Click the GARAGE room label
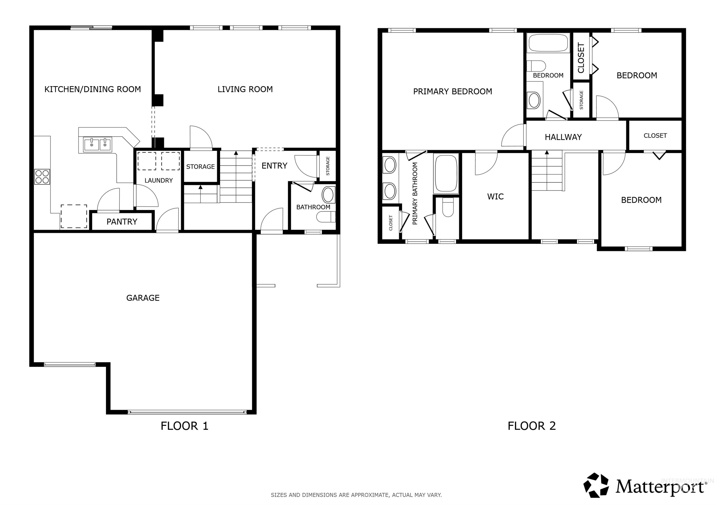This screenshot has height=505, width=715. coord(143,298)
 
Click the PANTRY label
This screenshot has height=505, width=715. coord(122,222)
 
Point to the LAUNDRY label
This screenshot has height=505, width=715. coord(159,180)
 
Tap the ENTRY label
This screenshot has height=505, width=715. coord(274,166)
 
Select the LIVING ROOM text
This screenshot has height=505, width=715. coord(245,89)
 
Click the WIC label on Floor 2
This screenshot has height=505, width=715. coord(495,197)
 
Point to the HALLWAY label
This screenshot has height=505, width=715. coord(563,137)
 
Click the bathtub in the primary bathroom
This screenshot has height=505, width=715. coord(446,174)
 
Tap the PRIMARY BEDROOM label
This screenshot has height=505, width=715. coord(452,91)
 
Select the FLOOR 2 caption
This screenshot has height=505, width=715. coord(532,426)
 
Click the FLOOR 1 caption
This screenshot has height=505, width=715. coord(184,426)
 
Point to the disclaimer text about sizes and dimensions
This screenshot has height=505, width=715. coord(356,495)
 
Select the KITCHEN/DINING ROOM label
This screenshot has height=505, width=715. coord(92,89)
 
